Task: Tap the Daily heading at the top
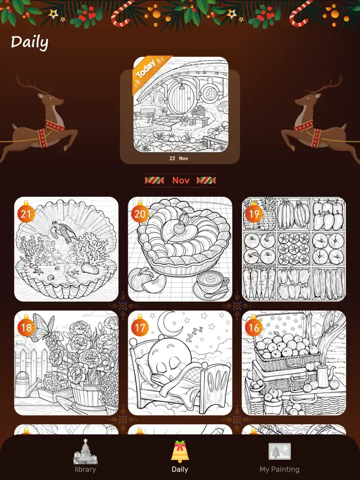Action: click(29, 42)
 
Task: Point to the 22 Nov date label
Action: click(180, 159)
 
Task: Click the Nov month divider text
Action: click(181, 180)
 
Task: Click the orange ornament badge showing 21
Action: click(26, 214)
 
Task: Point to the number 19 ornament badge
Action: click(254, 214)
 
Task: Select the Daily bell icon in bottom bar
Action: click(180, 451)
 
